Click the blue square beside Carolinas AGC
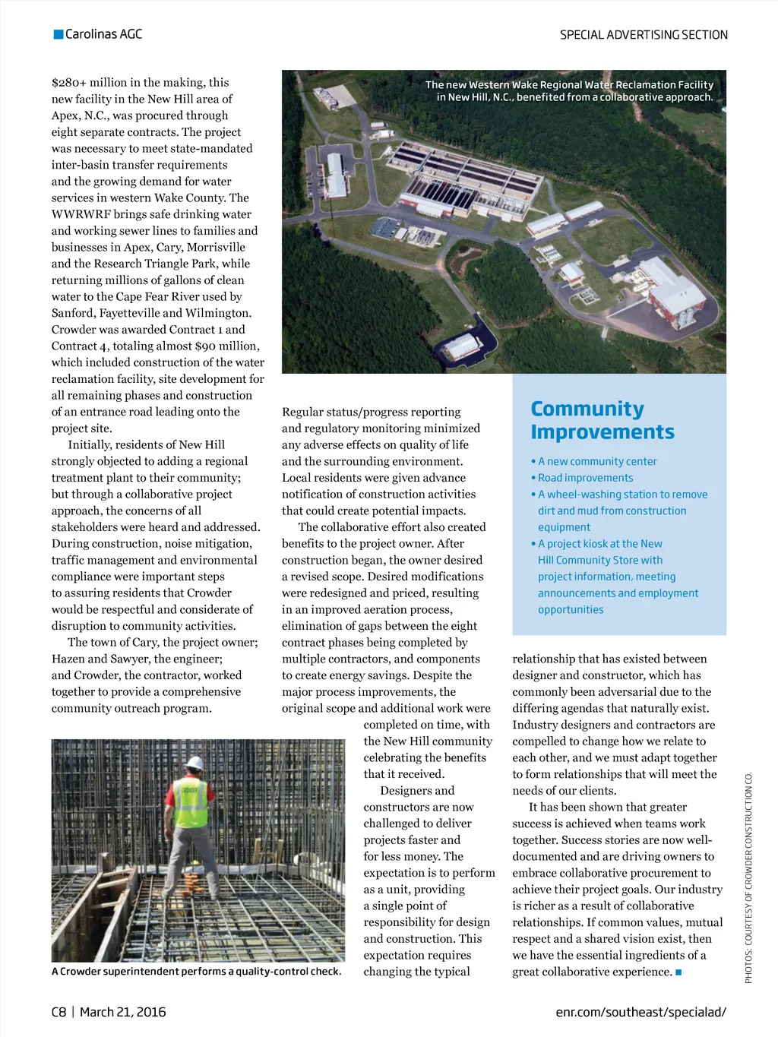coord(59,34)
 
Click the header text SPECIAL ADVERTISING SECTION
coord(644,35)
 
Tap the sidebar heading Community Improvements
coord(602,420)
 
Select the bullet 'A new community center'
coord(597,461)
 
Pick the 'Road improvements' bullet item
coord(585,478)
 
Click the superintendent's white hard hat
coord(195,762)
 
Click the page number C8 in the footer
coord(59,1012)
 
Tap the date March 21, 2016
coord(122,1012)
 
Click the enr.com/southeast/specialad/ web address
coord(640,1012)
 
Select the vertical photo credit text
coord(748,877)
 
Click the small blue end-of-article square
coord(678,972)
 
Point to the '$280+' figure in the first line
coord(69,82)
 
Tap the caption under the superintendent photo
coord(196,971)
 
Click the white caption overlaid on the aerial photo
coord(569,91)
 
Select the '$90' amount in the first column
coord(205,346)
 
